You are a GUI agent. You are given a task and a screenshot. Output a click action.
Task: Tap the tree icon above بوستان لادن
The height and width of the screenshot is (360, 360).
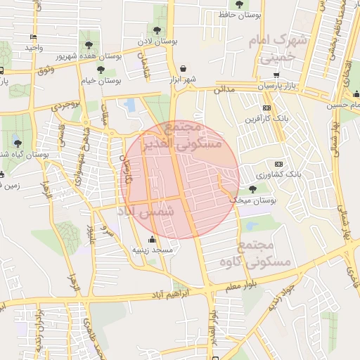pyautogui.click(x=157, y=30)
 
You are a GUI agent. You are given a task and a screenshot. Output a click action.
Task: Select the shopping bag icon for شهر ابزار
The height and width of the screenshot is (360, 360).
pyautogui.click(x=184, y=69)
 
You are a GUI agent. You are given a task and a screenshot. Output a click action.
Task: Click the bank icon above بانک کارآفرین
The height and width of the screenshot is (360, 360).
pyautogui.click(x=266, y=108)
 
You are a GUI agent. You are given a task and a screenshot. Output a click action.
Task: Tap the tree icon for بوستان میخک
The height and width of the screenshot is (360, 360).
pyautogui.click(x=252, y=189)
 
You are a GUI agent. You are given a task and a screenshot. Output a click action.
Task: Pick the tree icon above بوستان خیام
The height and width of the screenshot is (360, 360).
pyautogui.click(x=101, y=70)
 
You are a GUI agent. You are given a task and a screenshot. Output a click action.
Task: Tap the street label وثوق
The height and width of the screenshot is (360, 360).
pyautogui.click(x=44, y=70)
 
